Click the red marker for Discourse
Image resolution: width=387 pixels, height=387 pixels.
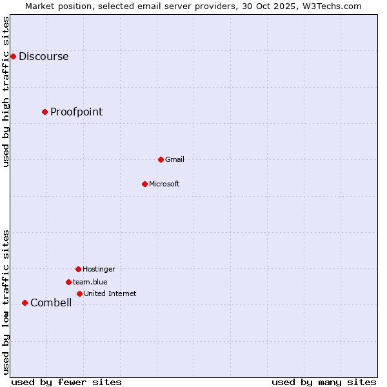13,56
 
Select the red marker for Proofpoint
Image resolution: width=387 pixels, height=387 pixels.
45,112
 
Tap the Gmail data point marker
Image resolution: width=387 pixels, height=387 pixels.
161,159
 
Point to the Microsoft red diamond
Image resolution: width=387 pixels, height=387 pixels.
144,184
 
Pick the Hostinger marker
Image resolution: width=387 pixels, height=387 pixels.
78,269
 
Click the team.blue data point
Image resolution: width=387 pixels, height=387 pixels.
68,282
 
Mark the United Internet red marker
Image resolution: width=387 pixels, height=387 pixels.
79,293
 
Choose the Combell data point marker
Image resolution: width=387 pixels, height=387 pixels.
25,303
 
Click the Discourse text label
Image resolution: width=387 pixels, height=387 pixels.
43,56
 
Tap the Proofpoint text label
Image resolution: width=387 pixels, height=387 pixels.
76,112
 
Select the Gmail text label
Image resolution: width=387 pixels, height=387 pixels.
175,159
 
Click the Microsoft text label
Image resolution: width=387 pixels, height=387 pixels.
164,184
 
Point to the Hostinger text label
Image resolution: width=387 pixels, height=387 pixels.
99,269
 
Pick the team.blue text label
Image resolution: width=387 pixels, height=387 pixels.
90,282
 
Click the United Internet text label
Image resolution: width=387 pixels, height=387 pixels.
110,293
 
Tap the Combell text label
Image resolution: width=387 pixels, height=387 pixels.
51,303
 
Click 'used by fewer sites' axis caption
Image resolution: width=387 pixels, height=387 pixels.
66,382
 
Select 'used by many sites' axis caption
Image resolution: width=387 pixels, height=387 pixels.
324,382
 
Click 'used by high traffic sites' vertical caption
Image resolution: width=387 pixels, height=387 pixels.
6,92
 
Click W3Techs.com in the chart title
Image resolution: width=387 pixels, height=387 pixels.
331,6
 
